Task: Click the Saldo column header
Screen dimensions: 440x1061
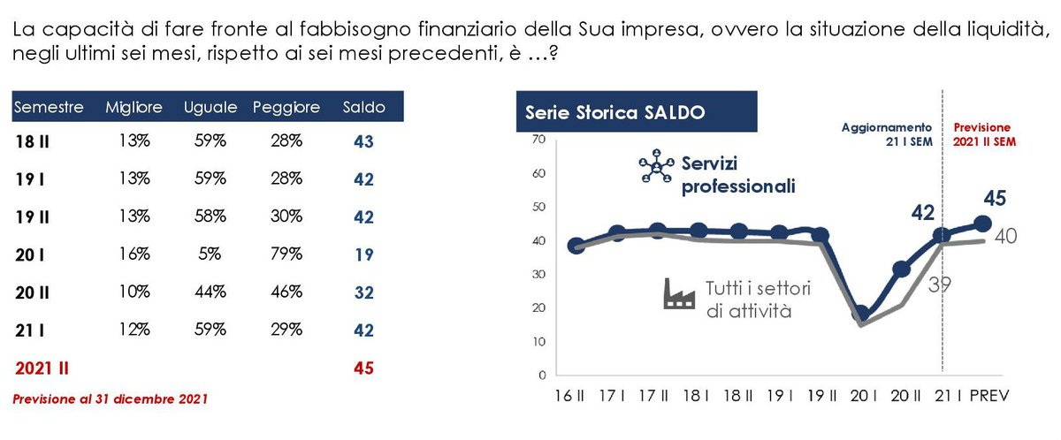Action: click(363, 108)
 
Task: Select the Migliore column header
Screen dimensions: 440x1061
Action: click(134, 108)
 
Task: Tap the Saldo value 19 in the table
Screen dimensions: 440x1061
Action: click(363, 254)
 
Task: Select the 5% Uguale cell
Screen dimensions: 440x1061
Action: click(210, 254)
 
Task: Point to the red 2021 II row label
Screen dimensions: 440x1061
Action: click(39, 368)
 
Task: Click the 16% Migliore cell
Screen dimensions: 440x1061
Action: click(134, 254)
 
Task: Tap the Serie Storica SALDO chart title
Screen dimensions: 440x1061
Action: click(614, 112)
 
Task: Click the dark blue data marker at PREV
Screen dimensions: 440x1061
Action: click(982, 224)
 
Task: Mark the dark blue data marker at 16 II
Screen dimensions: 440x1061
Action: click(576, 246)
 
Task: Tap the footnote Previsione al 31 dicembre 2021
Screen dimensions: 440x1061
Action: click(109, 400)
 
